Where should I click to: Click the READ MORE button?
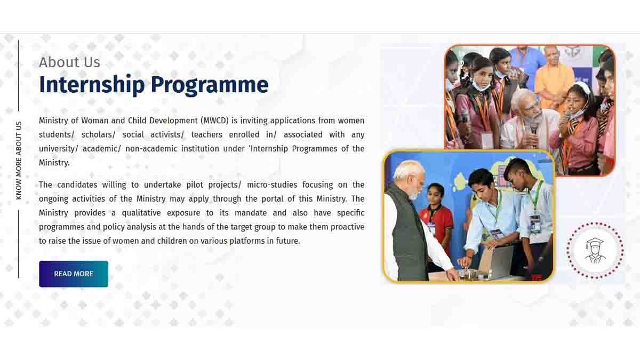[74, 274]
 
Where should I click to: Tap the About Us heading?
[69, 62]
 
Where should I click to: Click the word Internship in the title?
[91, 85]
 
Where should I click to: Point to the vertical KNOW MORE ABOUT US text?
[19, 161]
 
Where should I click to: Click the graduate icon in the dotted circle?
[595, 250]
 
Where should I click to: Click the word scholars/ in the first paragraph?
[98, 134]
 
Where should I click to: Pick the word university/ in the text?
[59, 148]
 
